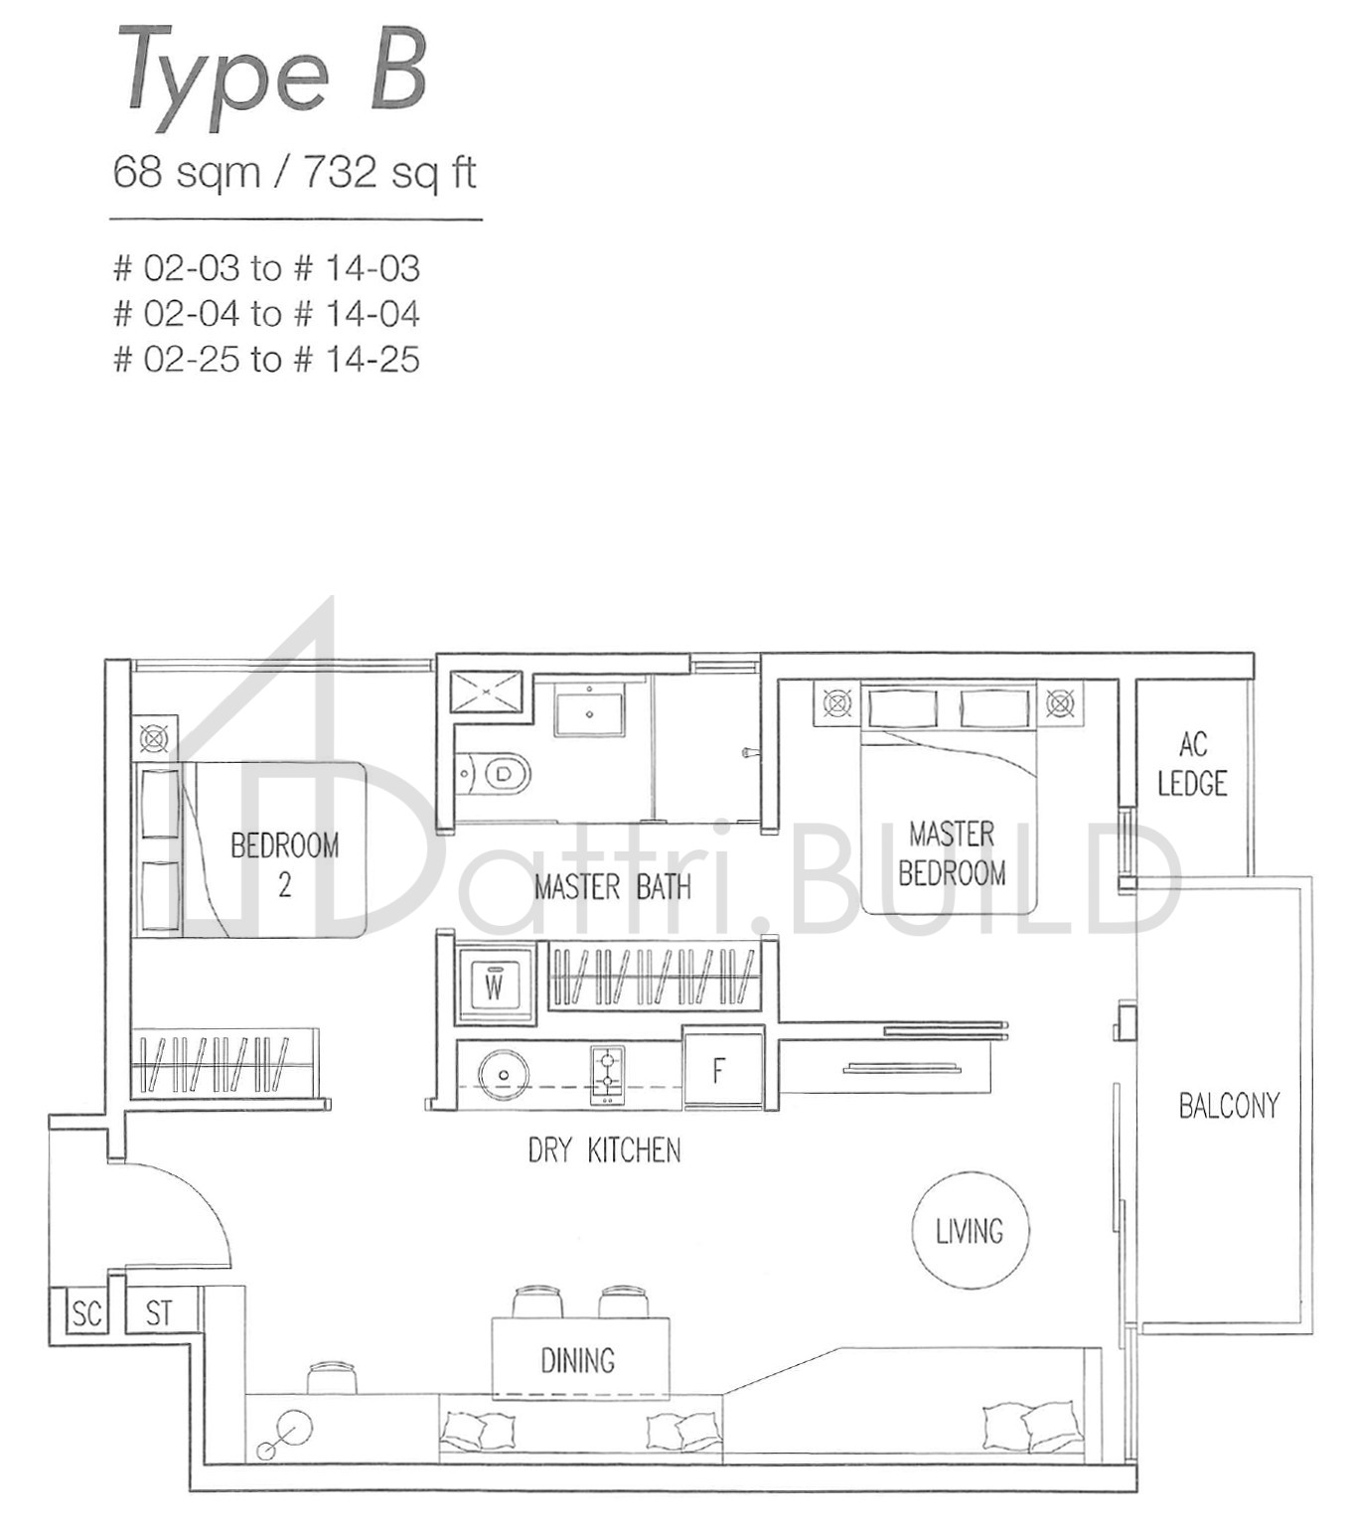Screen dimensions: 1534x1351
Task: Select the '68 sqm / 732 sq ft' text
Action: (294, 172)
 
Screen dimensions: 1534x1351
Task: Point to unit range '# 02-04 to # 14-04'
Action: (266, 314)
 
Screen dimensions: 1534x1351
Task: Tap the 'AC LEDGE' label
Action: (1191, 764)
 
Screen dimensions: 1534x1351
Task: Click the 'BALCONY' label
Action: (1229, 1105)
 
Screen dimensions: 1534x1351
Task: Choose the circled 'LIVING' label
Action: (970, 1231)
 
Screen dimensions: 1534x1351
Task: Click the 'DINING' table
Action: (580, 1358)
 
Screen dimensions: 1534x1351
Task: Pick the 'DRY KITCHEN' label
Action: (604, 1150)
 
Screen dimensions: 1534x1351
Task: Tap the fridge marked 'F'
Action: (721, 1070)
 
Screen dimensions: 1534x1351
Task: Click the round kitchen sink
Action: (504, 1074)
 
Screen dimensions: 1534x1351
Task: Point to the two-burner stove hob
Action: (607, 1074)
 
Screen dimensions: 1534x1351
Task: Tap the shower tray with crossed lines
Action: (486, 691)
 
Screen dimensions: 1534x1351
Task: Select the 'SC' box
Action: (86, 1313)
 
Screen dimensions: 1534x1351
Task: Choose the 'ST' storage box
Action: (159, 1312)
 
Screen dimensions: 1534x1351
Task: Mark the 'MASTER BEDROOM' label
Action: (952, 852)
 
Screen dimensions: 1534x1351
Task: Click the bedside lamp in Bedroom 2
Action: (154, 738)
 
